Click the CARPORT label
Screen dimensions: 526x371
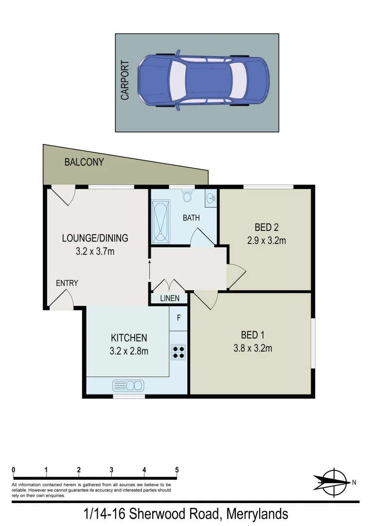(x=125, y=80)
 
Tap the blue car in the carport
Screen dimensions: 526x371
(x=203, y=81)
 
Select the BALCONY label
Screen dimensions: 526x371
(x=84, y=162)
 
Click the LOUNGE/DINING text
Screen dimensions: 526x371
(x=95, y=238)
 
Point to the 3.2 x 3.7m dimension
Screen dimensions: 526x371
(x=95, y=252)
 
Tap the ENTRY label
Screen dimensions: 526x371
(x=67, y=283)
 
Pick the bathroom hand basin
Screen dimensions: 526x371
(x=211, y=198)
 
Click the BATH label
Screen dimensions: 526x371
(x=191, y=218)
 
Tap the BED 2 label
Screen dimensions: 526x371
(x=266, y=227)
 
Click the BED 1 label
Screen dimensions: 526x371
(x=253, y=335)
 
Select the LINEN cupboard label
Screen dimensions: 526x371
(x=170, y=298)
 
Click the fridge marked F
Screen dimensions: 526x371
(x=179, y=318)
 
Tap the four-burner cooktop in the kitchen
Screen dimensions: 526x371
(x=178, y=352)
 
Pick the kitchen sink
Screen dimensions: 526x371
(x=128, y=385)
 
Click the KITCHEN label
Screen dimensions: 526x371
(x=129, y=338)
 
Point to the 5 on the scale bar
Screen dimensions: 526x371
(x=177, y=470)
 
